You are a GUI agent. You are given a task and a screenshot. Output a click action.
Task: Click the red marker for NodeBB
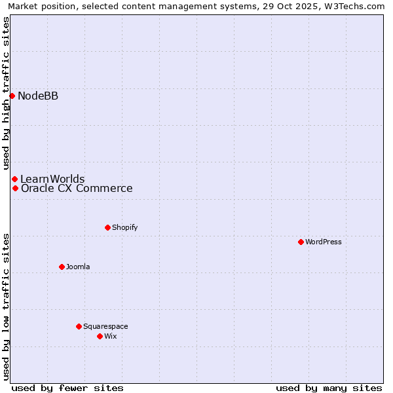click(x=12, y=96)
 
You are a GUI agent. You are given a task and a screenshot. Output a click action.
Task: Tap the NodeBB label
click(x=38, y=96)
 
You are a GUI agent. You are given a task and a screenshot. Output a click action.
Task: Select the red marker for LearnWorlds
click(x=14, y=179)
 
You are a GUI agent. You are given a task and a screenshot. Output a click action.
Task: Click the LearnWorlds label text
click(x=52, y=179)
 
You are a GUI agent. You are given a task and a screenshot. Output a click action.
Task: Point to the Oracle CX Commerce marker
click(x=15, y=189)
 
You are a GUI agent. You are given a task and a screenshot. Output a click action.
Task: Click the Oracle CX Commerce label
click(x=77, y=189)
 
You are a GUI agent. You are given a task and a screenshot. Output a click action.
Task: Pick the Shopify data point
click(x=107, y=227)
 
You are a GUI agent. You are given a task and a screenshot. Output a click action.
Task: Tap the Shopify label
click(x=124, y=227)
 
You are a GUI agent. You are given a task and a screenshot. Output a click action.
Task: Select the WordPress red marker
click(x=301, y=242)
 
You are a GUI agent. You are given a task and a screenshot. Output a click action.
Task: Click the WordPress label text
click(x=323, y=242)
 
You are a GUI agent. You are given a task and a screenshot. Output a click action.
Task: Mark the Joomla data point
click(x=62, y=267)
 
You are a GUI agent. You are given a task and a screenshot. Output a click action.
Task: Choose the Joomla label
click(x=78, y=267)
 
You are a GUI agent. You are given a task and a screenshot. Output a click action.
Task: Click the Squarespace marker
click(x=79, y=326)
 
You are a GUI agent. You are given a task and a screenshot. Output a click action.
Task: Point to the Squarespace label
click(x=105, y=326)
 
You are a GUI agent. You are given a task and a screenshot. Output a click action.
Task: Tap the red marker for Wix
click(x=100, y=336)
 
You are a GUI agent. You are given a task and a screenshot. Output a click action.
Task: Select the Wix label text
click(x=110, y=336)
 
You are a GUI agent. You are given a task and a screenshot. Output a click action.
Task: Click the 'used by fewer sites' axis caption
click(x=67, y=388)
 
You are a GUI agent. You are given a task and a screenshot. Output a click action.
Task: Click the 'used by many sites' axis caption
click(x=329, y=388)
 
